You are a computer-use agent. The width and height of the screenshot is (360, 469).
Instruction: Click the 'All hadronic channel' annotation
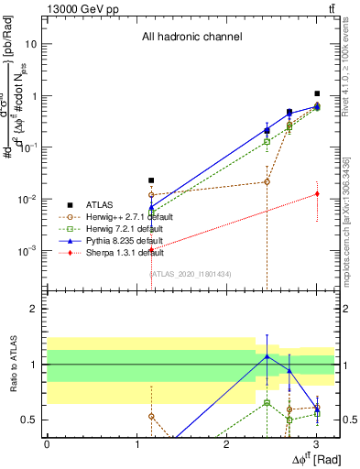pos(191,38)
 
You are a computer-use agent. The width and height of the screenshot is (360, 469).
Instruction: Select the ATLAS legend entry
pos(102,204)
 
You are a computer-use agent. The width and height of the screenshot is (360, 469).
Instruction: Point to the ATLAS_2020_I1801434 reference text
pos(190,273)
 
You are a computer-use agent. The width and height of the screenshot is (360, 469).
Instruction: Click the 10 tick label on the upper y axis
pos(31,44)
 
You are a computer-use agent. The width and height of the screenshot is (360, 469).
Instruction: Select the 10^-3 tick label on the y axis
pos(28,250)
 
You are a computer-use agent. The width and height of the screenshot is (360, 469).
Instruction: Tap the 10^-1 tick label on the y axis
pos(28,147)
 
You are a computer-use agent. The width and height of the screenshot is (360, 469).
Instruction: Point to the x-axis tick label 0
pos(47,444)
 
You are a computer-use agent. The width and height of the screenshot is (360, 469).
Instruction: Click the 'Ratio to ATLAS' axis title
pos(12,365)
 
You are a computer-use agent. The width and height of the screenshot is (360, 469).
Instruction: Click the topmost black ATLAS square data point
pos(317,93)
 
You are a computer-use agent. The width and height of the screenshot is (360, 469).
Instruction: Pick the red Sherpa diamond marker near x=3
pos(317,193)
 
